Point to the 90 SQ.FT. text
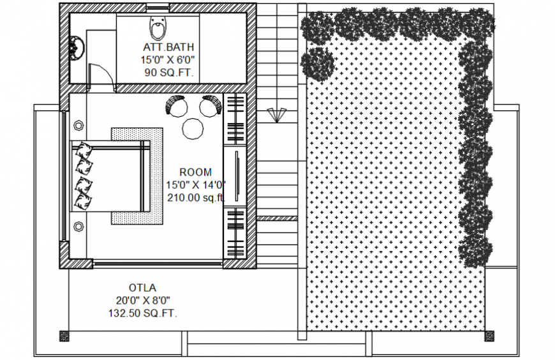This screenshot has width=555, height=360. (x=168, y=72)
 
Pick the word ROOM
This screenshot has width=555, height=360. (x=195, y=172)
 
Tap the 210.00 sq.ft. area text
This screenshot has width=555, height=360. (x=196, y=197)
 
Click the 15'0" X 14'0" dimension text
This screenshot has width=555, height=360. (x=196, y=184)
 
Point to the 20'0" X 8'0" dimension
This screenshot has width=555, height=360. (x=143, y=300)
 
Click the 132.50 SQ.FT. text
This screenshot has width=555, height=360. (x=143, y=313)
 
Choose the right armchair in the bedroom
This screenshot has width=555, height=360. (x=210, y=105)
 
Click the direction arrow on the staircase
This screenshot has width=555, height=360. (x=276, y=114)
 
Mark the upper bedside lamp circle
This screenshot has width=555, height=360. (x=78, y=124)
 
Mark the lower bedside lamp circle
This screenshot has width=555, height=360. (x=78, y=226)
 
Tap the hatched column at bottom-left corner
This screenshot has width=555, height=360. (x=64, y=336)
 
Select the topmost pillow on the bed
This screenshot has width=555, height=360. (x=83, y=152)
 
